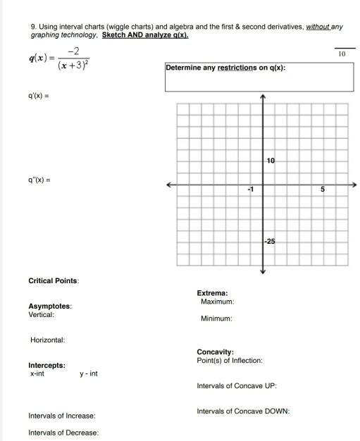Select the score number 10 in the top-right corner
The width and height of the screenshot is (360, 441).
click(342, 54)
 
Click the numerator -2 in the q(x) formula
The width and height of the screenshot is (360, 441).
click(73, 49)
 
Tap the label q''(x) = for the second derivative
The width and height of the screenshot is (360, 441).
click(39, 180)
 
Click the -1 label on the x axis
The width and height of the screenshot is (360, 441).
click(249, 189)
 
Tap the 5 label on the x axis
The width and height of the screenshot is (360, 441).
click(322, 189)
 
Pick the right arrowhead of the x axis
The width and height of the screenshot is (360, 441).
click(354, 183)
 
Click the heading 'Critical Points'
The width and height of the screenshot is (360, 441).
click(54, 280)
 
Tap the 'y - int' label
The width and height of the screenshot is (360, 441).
click(88, 373)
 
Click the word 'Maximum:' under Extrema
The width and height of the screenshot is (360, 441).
click(217, 302)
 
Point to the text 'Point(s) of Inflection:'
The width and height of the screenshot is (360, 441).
click(230, 360)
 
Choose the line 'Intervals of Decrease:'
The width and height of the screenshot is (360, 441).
click(63, 432)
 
